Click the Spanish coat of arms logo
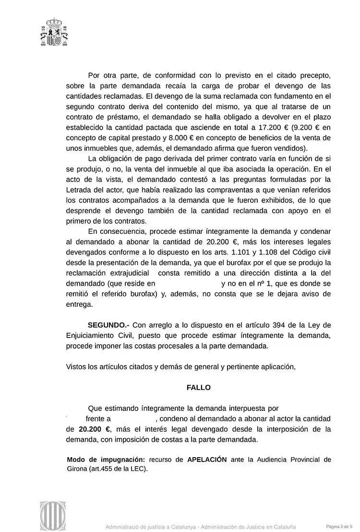54,33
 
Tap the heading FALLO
199,387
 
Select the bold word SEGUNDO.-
105,325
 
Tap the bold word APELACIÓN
207,459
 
